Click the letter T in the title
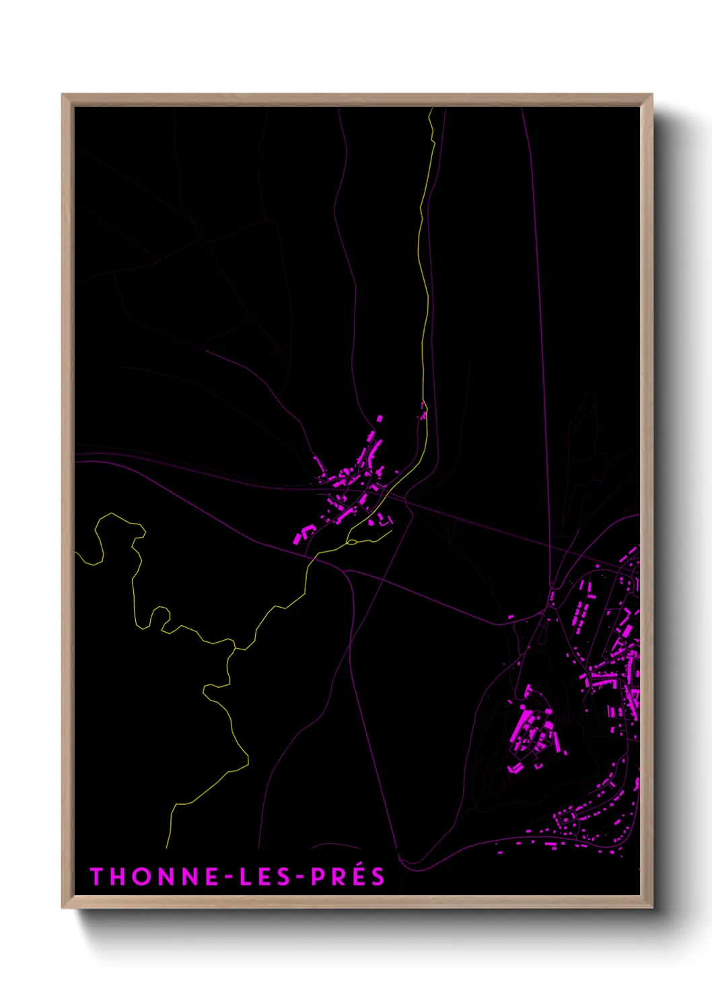[x=96, y=876]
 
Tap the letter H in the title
[x=115, y=876]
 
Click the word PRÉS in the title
[x=347, y=876]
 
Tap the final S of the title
[x=378, y=876]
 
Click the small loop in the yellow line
[x=352, y=541]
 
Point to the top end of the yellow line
[x=430, y=109]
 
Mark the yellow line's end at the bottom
[x=167, y=847]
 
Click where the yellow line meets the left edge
[x=76, y=553]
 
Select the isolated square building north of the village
[x=380, y=419]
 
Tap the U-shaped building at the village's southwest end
[x=303, y=534]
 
